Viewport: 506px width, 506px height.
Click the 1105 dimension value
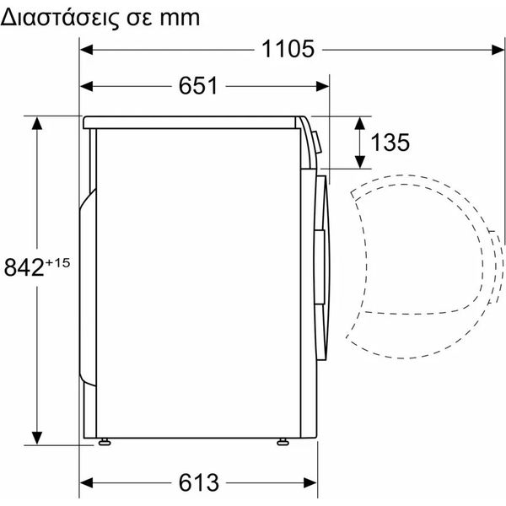coord(288,50)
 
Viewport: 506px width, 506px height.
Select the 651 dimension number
coord(198,86)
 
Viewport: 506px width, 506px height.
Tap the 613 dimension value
coord(199,482)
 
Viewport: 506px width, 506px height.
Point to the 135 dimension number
coord(390,143)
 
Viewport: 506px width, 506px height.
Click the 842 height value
coord(24,267)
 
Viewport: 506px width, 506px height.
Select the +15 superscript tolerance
coord(57,262)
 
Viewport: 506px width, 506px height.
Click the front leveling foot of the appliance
coord(283,442)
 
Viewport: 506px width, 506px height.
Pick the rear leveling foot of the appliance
coord(105,442)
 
